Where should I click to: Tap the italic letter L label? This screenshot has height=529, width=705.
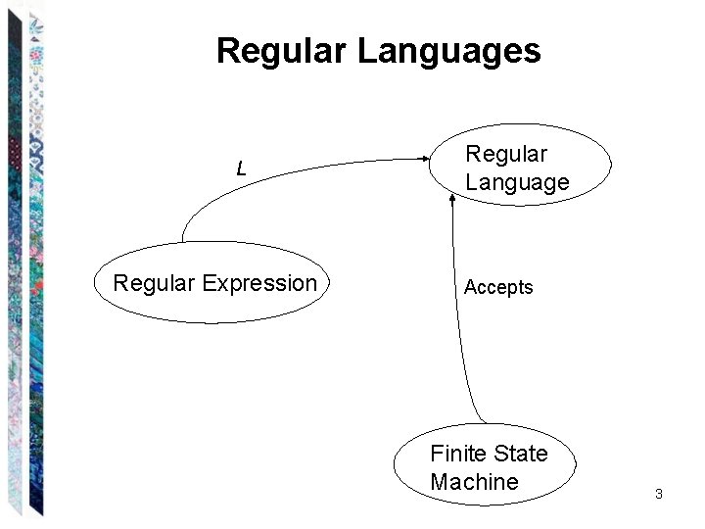pos(241,169)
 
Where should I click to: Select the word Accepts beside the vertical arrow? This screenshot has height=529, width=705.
pos(498,287)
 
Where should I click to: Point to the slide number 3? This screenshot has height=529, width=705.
pos(659,494)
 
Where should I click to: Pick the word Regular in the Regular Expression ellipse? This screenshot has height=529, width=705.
pos(155,284)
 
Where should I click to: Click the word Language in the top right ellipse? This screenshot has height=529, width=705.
pos(517,182)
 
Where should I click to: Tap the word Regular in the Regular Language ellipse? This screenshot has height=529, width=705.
pos(506,154)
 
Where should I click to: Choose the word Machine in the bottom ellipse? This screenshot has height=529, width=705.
pos(474,482)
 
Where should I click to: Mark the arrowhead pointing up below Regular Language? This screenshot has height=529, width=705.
pos(452,199)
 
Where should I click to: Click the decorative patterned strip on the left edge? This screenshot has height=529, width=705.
pos(24,264)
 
